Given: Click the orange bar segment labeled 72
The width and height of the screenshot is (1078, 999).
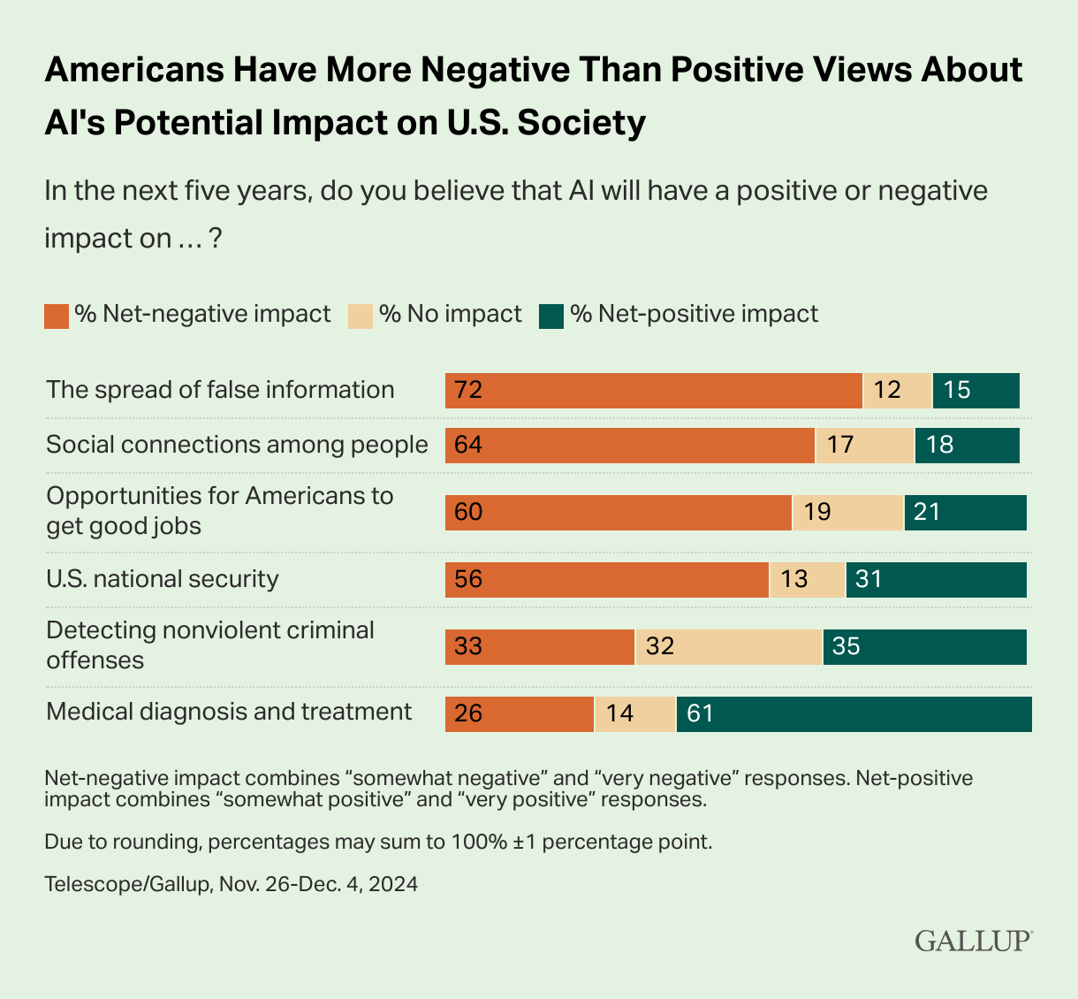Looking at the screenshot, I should tap(653, 391).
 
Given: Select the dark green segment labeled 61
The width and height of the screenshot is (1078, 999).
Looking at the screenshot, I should tap(854, 714).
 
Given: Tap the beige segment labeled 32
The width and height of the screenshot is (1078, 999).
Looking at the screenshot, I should tap(728, 647).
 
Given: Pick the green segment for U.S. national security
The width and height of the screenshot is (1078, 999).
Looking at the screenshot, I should tap(936, 580).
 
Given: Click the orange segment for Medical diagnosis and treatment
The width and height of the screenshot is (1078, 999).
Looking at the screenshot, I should tap(519, 714).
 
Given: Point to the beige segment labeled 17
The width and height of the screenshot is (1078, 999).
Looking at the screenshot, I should tap(864, 446).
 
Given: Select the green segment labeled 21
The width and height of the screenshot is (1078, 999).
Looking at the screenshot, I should tap(965, 513).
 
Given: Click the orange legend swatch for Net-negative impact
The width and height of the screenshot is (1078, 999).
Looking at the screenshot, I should tap(57, 316).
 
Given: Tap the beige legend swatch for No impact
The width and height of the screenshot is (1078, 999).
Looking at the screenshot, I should tap(361, 316).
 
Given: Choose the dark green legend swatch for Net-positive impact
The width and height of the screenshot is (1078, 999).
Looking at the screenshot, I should tap(551, 316).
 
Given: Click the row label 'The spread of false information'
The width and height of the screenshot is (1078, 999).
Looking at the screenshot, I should tap(220, 390).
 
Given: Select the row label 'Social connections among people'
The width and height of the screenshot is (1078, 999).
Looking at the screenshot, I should tap(237, 445).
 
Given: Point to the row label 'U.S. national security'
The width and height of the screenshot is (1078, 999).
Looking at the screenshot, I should tap(163, 579).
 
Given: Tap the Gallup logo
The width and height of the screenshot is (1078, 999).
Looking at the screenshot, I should tap(973, 939).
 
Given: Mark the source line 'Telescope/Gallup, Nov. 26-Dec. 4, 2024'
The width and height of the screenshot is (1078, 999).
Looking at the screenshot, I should tap(231, 884).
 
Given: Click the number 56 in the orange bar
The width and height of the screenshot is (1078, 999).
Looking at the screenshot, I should tap(468, 580).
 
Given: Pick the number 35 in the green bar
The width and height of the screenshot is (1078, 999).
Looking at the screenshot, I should tap(846, 647).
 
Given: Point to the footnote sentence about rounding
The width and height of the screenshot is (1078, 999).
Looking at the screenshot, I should tap(378, 842).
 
